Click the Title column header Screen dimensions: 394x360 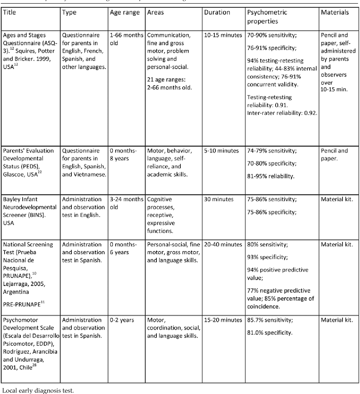pos(9,12)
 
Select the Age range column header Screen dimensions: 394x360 pos(125,12)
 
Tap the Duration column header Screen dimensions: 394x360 pos(217,12)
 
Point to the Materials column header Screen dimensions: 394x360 pos(335,12)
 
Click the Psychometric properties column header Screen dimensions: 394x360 pos(267,17)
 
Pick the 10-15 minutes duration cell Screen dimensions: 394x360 pos(223,35)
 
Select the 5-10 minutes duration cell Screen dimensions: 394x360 pos(221,151)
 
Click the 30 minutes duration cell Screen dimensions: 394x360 pos(219,199)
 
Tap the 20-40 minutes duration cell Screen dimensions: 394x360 pos(223,244)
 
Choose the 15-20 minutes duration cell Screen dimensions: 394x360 pos(223,320)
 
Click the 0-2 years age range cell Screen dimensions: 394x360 pos(122,320)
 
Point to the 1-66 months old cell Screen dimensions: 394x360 pos(126,39)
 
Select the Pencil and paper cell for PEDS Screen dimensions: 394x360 pos(334,154)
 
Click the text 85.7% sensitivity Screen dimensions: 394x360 pos(270,320)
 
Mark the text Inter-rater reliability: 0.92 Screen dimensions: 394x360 pos(282,113)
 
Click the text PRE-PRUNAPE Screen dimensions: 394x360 pos(22,304)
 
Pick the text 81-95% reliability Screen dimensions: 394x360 pos(271,176)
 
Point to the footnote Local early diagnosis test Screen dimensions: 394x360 pos(38,391)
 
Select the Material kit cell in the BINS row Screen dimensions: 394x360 pos(337,199)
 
